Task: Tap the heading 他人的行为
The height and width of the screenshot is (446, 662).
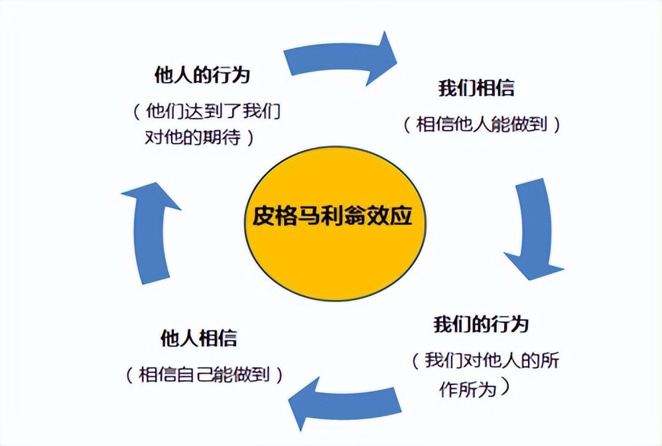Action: pyautogui.click(x=202, y=74)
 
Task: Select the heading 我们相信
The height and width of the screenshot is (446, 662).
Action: pyautogui.click(x=476, y=88)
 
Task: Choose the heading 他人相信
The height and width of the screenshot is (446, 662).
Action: pyautogui.click(x=199, y=338)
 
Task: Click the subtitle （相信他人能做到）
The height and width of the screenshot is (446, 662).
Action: pyautogui.click(x=482, y=124)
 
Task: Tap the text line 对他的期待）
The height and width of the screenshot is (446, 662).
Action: pyautogui.click(x=201, y=137)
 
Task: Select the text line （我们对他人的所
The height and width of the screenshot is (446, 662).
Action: pyautogui.click(x=484, y=361)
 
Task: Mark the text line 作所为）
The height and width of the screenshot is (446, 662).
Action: pyautogui.click(x=475, y=388)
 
